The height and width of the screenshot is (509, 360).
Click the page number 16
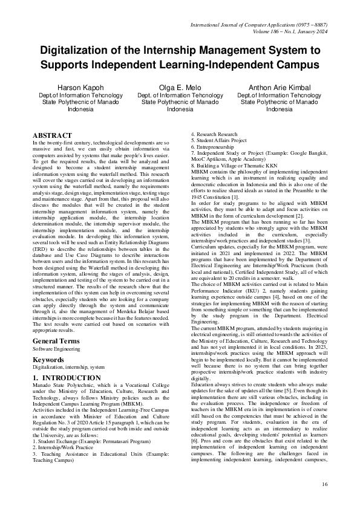(324, 484)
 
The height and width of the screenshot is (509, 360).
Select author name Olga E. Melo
(180, 88)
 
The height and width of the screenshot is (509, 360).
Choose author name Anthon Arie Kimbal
(279, 88)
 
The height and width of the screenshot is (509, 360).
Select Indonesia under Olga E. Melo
(180, 109)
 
